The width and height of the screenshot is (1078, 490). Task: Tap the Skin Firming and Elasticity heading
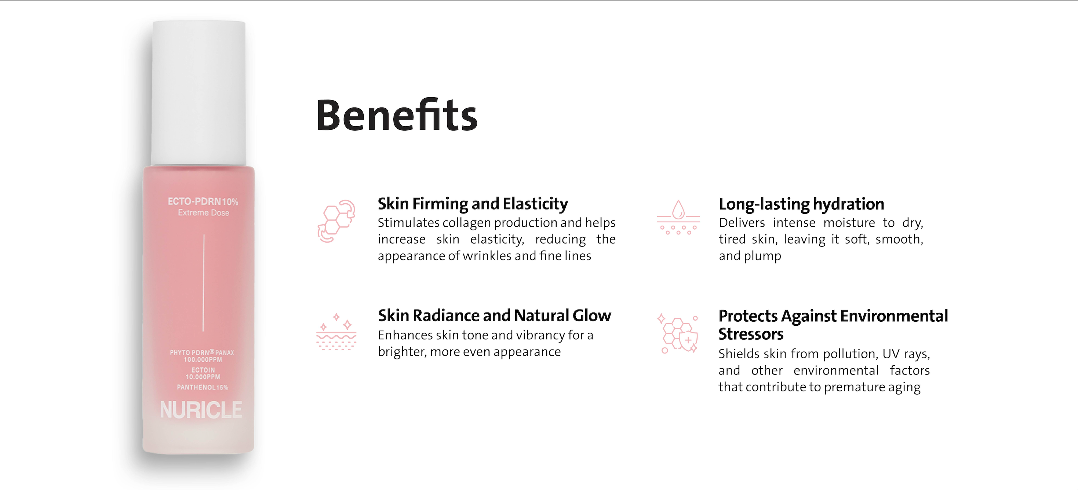coord(473,204)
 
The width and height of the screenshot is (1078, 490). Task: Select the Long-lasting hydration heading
coord(801,204)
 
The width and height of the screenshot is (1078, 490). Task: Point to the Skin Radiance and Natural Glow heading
coord(494,315)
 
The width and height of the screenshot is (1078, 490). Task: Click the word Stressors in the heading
coord(751,334)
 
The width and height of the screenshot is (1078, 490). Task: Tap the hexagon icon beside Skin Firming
coord(336,221)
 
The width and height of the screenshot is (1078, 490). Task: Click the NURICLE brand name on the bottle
coord(201,410)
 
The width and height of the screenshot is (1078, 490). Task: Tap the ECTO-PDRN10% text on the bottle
coord(203,201)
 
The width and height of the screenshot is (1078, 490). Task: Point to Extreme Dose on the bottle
coord(203,213)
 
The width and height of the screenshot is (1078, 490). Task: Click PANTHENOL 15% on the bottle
coord(203,387)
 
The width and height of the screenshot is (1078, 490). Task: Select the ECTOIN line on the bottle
coord(203,370)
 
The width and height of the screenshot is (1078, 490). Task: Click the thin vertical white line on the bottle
coord(204,283)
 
